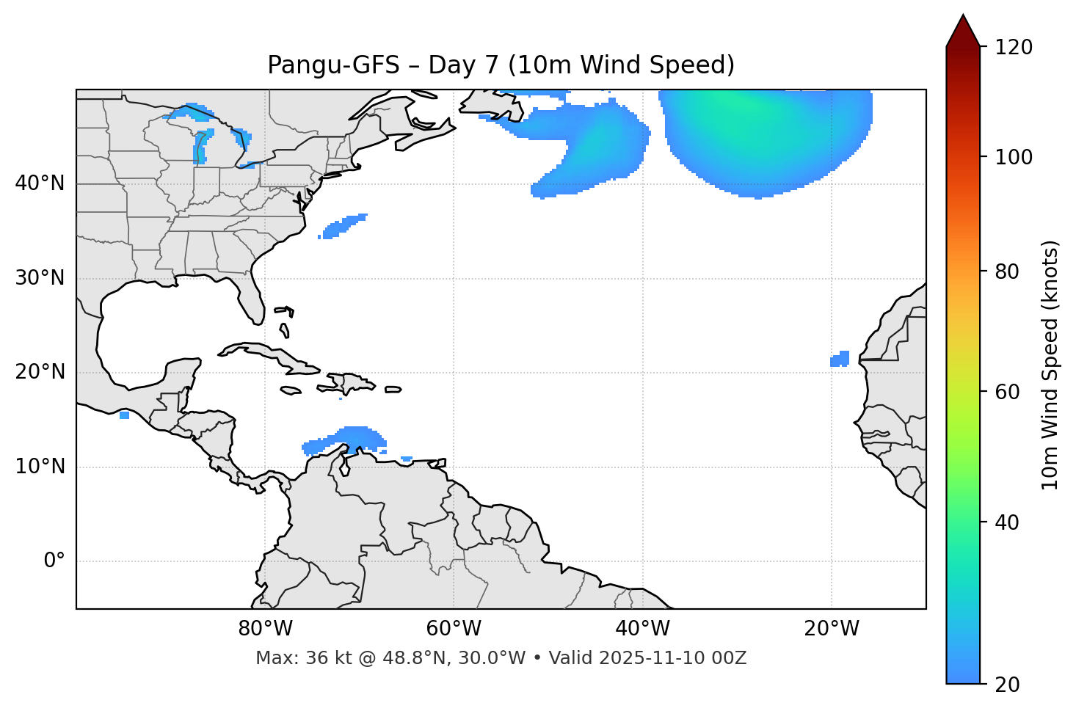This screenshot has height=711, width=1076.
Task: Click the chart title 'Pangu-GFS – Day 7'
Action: [501, 65]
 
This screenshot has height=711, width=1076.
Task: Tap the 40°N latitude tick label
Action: [40, 183]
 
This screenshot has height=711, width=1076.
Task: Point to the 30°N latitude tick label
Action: [40, 278]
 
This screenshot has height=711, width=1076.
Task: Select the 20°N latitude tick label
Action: [40, 372]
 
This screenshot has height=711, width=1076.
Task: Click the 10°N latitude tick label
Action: [40, 467]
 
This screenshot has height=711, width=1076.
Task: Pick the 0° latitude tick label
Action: [54, 561]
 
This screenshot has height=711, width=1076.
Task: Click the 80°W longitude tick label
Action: [265, 629]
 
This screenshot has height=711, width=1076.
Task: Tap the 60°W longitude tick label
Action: [454, 629]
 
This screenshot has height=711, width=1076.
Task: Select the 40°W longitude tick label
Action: [642, 629]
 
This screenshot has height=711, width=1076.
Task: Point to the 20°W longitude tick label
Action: [831, 629]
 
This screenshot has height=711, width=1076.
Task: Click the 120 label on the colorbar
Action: [1014, 48]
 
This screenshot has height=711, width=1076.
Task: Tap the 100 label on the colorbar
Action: [1014, 157]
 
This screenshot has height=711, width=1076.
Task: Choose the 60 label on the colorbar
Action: [1008, 392]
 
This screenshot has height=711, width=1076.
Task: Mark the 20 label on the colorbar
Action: [1008, 685]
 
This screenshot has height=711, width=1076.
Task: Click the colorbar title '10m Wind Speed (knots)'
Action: [1050, 365]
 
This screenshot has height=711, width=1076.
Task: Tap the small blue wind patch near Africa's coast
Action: [840, 359]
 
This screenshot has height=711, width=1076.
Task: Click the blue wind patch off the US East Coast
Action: [343, 226]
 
